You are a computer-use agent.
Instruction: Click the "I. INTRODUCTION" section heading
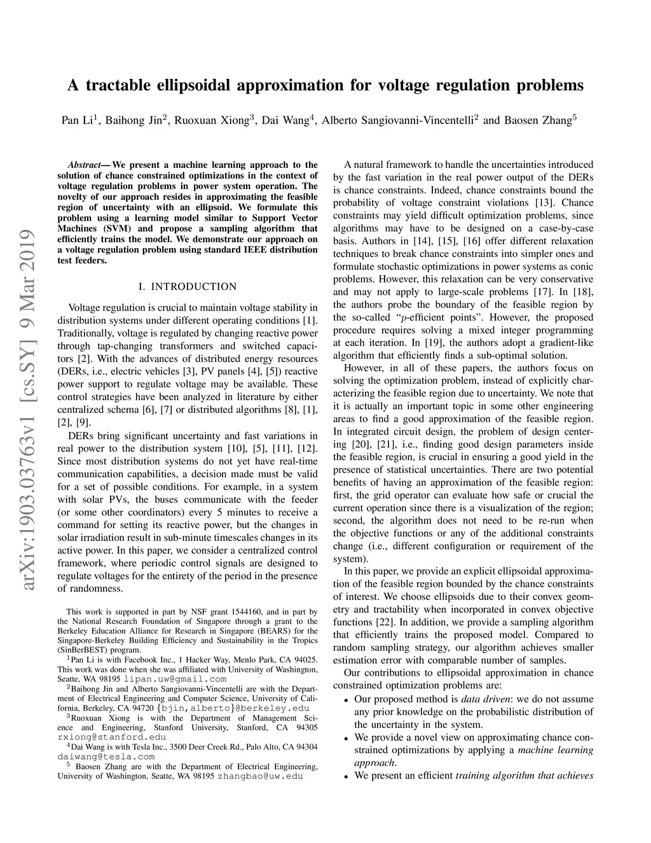pos(188,286)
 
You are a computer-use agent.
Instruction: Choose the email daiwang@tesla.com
pos(106,756)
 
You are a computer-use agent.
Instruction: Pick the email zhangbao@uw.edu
pos(260,776)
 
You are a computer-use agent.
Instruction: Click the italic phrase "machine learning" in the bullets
pos(556,749)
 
